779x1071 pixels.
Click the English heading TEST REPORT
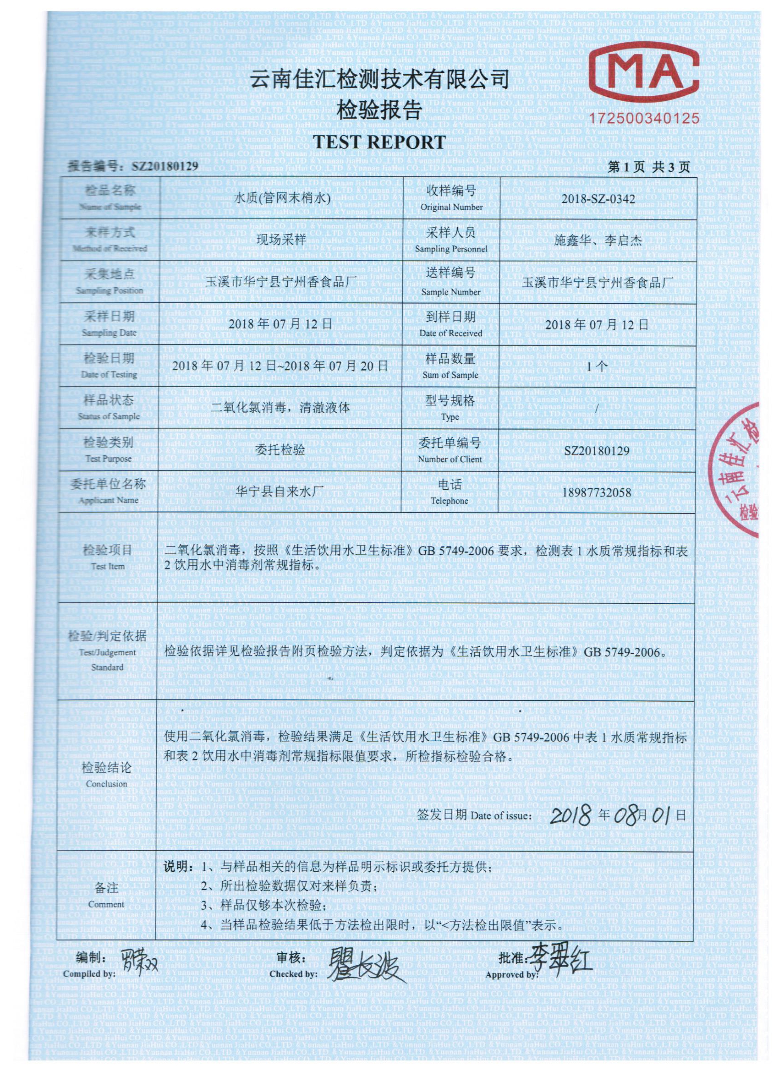tap(379, 142)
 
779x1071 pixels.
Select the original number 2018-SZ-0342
tap(598, 199)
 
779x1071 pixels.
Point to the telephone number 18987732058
tap(597, 492)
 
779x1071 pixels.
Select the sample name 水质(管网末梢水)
tap(282, 199)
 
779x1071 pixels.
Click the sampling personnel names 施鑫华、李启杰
tap(598, 240)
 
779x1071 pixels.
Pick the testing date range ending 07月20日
tap(280, 366)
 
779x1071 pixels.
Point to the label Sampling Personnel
tap(451, 249)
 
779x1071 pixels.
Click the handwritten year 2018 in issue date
tap(571, 814)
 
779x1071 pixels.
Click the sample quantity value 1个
tap(597, 366)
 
